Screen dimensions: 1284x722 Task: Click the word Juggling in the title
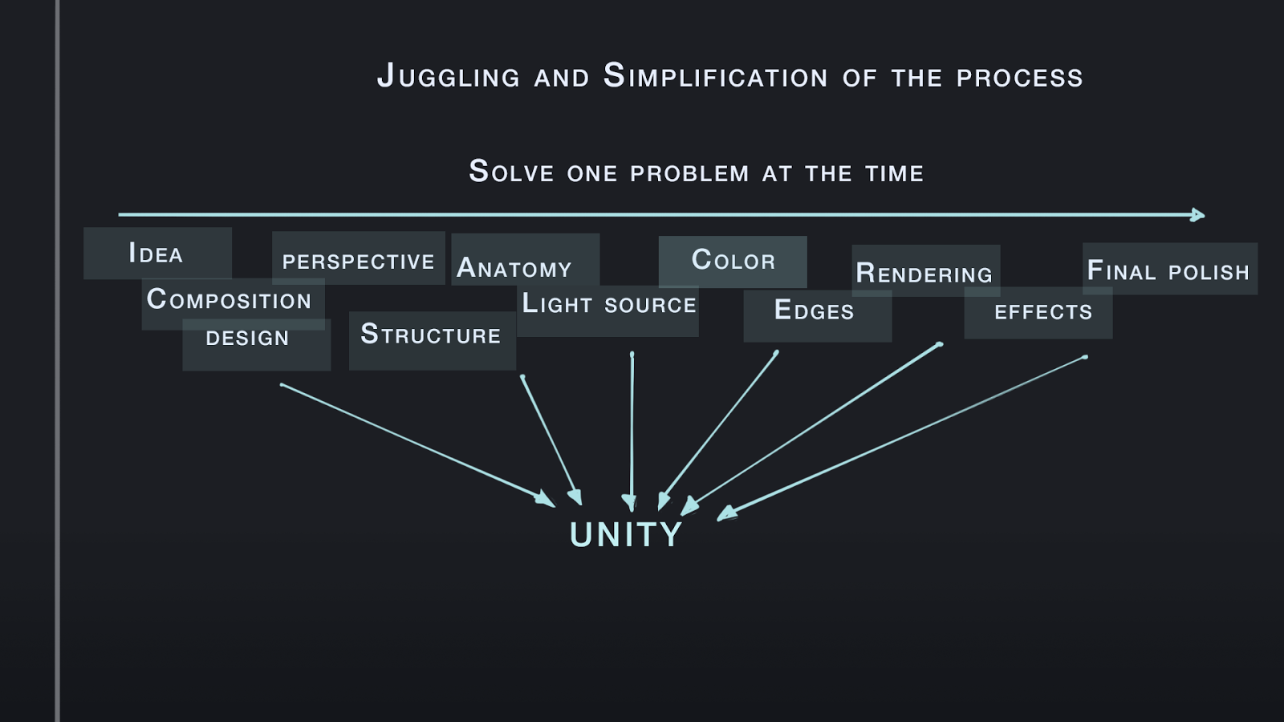point(449,77)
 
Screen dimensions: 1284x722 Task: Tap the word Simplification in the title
point(715,75)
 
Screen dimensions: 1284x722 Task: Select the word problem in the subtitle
point(689,173)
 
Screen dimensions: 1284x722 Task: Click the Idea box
point(157,254)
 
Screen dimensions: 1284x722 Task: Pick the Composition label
point(229,299)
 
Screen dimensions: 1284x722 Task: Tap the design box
point(256,344)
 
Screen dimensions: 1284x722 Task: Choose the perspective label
point(358,262)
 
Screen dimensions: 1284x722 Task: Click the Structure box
point(433,340)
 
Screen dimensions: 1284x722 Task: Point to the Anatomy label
point(514,268)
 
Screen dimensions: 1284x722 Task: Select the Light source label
point(609,303)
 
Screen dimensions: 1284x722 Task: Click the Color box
point(733,262)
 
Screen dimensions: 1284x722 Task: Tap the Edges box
point(818,316)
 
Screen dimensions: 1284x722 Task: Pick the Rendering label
point(924,273)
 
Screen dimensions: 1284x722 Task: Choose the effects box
point(1038,313)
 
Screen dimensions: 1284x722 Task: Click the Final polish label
point(1168,270)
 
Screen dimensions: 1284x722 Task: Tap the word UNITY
point(625,534)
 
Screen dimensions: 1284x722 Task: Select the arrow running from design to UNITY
point(418,445)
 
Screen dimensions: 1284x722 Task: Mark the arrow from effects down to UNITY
point(902,438)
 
